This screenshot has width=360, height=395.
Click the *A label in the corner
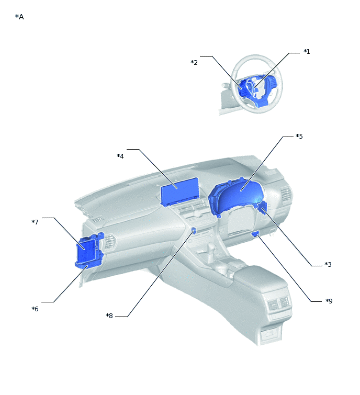pos(19,17)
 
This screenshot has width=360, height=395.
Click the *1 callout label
pos(307,51)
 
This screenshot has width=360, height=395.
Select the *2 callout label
pos(194,62)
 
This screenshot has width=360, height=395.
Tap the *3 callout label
pos(328,264)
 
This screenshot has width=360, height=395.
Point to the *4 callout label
pos(120,156)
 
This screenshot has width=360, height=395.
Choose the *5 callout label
pos(299,136)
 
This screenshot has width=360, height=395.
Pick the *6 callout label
pos(35,309)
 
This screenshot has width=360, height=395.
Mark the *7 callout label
pos(35,222)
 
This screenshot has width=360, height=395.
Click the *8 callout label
pos(109,315)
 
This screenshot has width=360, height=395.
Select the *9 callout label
pos(329,301)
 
